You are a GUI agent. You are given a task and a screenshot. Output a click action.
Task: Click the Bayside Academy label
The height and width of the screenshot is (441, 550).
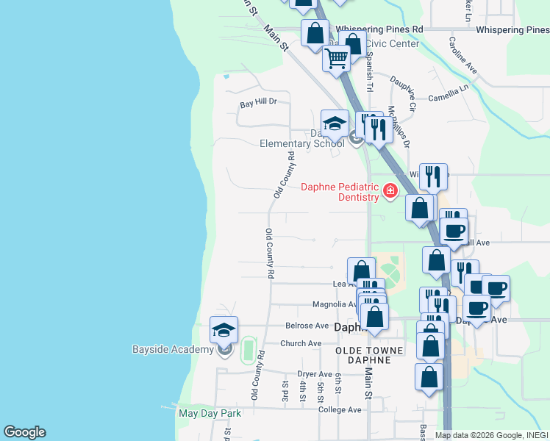coord(172,349)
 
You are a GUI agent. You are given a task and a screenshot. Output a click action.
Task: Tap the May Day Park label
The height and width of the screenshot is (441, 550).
coord(210,413)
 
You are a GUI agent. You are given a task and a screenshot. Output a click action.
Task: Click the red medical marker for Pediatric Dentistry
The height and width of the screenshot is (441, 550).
coord(389,193)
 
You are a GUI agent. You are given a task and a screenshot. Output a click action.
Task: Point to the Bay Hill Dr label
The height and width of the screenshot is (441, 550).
coord(258,104)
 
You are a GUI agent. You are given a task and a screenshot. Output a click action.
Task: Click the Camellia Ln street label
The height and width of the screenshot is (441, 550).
coord(449,92)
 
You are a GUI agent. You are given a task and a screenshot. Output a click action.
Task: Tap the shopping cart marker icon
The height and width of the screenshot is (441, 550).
coord(336,58)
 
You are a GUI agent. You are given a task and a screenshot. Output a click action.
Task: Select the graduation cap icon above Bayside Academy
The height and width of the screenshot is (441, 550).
coord(224,330)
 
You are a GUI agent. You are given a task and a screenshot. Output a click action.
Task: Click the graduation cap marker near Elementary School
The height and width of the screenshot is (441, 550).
coord(335,123)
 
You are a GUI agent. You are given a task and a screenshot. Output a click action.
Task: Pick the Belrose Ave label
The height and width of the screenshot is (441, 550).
coord(307,326)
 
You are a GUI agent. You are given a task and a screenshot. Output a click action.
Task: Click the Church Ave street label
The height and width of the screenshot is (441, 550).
coord(301,343)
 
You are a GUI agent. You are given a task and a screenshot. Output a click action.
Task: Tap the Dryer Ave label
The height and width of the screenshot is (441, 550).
coord(315,374)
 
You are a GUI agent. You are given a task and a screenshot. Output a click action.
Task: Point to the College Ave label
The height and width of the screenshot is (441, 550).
coord(340,409)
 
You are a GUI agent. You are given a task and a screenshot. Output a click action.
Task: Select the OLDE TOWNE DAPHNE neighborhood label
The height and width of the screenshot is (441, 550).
coord(369,351)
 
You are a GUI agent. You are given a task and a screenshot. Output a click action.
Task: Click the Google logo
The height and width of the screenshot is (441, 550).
coord(24,432)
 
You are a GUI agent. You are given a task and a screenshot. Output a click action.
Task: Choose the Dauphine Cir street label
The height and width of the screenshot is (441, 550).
coord(404,93)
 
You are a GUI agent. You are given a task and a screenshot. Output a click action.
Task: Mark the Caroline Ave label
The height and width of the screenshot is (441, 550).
coord(463,55)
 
